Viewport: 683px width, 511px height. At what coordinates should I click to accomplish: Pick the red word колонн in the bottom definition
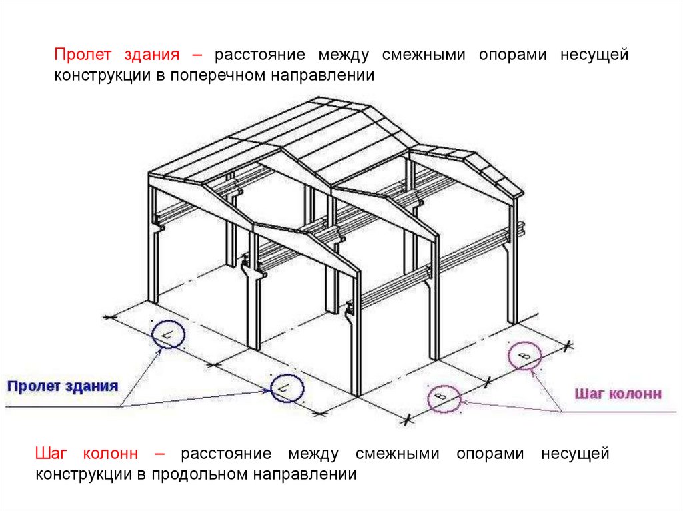click(x=110, y=454)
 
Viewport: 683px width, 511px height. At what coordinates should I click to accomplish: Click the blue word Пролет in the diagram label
click(x=35, y=386)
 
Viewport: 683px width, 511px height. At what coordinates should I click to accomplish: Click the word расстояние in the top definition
click(x=260, y=55)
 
